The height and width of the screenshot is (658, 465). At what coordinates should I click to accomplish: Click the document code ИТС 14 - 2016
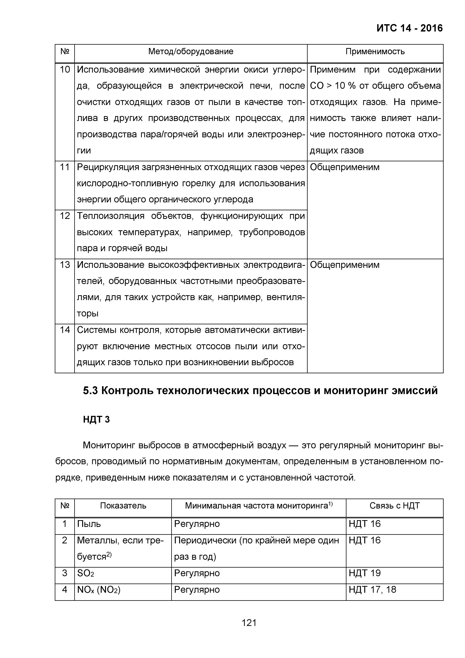click(409, 28)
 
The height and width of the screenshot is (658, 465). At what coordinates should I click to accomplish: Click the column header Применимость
click(375, 52)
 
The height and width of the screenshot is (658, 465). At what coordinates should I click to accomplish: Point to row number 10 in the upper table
click(65, 70)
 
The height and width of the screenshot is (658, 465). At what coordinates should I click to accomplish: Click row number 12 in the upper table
click(65, 216)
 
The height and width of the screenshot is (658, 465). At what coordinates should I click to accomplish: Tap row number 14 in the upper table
click(65, 330)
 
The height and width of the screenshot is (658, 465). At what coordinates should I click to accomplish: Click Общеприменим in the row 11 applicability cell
click(344, 167)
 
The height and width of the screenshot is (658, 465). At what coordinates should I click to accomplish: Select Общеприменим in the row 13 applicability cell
click(344, 265)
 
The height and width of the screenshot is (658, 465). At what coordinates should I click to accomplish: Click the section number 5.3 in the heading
click(91, 391)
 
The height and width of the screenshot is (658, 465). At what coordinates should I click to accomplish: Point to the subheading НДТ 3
click(96, 420)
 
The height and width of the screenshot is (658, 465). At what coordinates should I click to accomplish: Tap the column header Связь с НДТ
click(394, 506)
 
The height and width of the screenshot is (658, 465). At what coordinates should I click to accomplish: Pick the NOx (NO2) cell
click(98, 590)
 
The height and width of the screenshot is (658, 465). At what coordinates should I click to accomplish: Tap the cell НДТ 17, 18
click(372, 590)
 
